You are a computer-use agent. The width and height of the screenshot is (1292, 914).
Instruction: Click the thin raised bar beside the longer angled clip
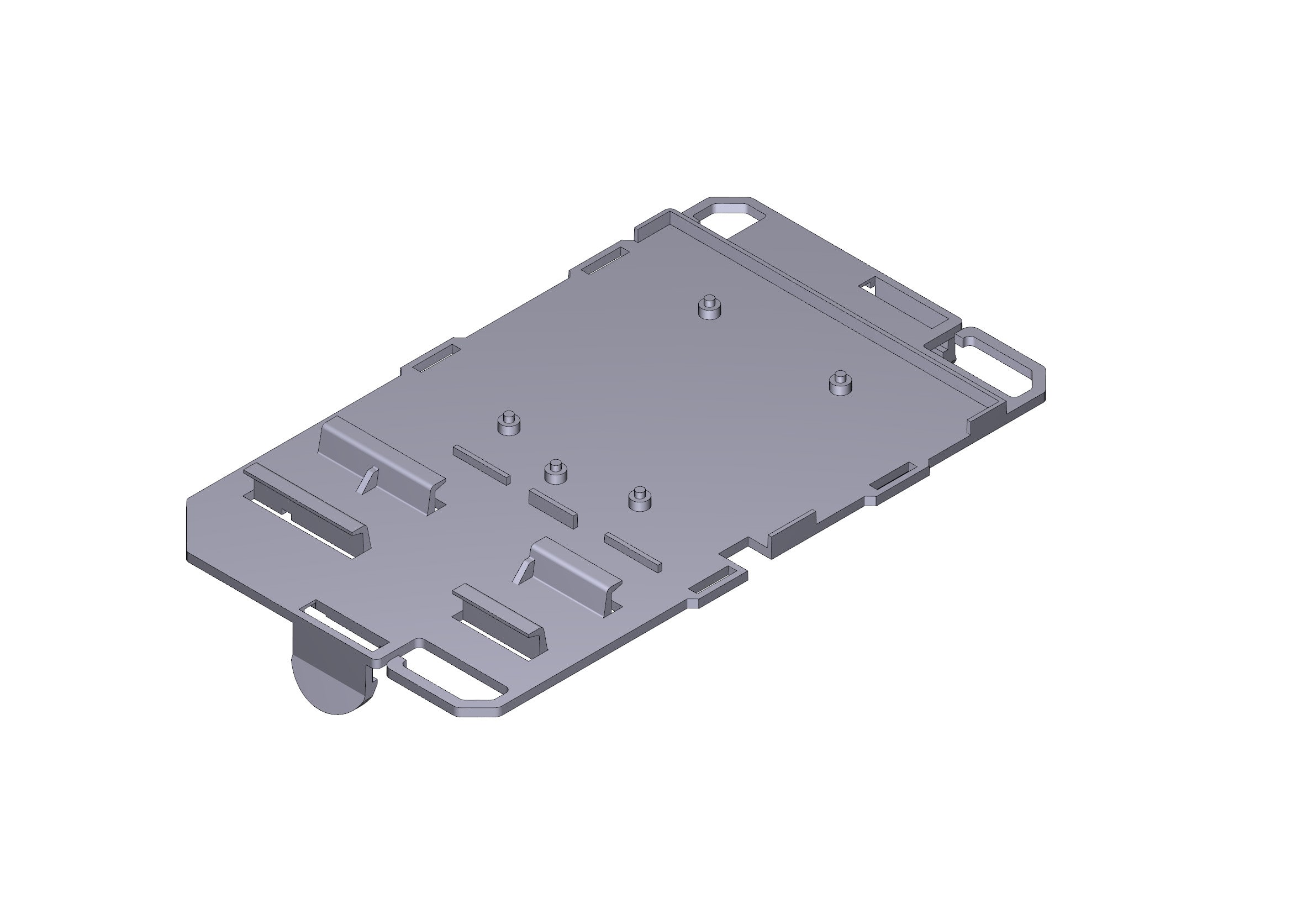point(481,465)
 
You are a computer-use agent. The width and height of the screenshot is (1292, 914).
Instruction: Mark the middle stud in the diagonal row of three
point(555,473)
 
